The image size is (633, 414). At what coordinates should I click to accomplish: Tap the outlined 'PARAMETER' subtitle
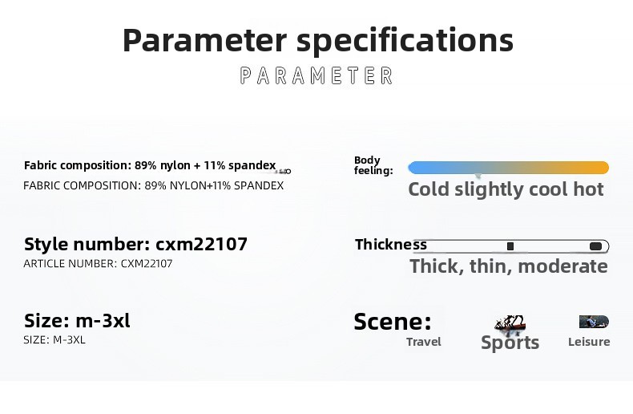[x=316, y=75]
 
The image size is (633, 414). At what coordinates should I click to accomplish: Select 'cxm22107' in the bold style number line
[x=201, y=244]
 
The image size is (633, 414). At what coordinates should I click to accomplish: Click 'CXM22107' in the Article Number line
[x=147, y=264]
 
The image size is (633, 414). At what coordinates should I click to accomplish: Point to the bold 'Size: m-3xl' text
[x=77, y=321]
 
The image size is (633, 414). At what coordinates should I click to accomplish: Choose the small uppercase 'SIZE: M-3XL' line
[x=54, y=339]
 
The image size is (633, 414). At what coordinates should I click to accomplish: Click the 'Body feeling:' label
[x=373, y=165]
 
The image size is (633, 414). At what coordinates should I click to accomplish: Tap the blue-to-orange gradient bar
[x=508, y=168]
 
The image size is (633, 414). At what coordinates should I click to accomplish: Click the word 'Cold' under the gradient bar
[x=429, y=189]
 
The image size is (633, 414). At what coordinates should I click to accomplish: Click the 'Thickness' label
[x=391, y=245]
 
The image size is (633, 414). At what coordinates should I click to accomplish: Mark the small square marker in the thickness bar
[x=510, y=246]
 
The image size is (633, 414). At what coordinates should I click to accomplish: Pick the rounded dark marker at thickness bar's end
[x=596, y=246]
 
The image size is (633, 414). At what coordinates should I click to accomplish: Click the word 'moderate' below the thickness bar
[x=562, y=266]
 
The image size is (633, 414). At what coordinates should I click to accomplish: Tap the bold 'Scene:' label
[x=393, y=322]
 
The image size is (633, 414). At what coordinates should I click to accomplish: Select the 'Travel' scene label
[x=424, y=342]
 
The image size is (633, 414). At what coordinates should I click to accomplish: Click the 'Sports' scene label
[x=510, y=343]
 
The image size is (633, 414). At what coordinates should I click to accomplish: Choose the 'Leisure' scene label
[x=589, y=342]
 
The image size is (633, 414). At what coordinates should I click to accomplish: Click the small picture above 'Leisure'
[x=594, y=322]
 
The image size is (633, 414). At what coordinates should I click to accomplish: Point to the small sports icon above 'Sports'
[x=510, y=323]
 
